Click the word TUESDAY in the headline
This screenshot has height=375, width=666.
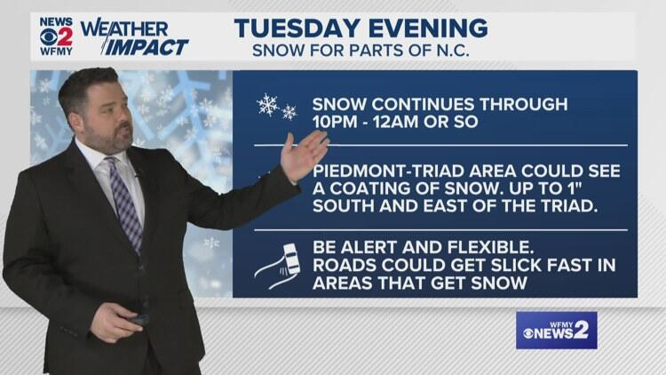tap(298, 28)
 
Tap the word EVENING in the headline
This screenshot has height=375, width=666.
tap(428, 28)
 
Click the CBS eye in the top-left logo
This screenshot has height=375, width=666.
tap(48, 38)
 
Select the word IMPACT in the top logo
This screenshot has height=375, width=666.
tap(146, 47)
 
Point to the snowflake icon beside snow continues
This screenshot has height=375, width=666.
tap(276, 108)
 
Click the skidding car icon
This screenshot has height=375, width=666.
tap(278, 266)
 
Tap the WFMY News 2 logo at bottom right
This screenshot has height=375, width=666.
tap(557, 331)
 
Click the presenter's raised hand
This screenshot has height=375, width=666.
tap(304, 156)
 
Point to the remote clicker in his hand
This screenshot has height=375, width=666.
tap(139, 318)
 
